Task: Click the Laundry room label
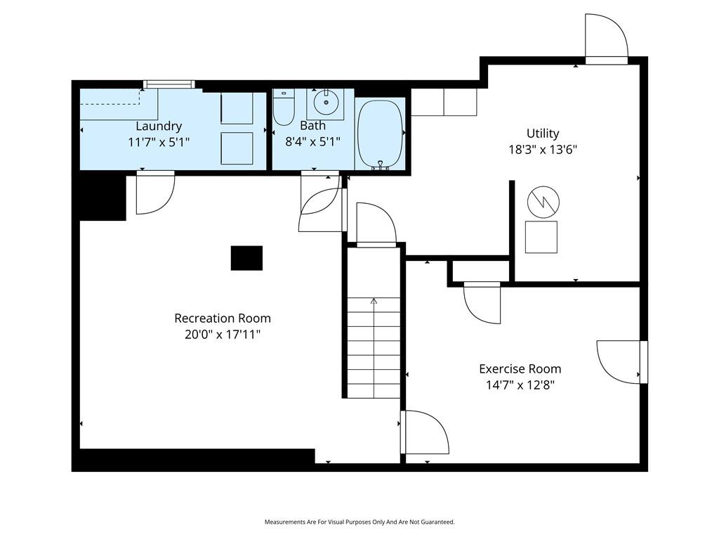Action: [x=159, y=126]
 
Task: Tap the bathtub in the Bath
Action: [x=380, y=134]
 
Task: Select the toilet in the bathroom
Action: [x=284, y=108]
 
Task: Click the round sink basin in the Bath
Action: [x=326, y=103]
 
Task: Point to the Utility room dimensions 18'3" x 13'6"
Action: [x=543, y=150]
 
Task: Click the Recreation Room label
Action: [x=223, y=319]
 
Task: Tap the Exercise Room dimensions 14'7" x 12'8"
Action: [x=520, y=385]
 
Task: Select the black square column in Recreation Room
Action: [x=246, y=258]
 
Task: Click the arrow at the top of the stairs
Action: [x=374, y=301]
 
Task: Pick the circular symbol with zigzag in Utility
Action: [x=543, y=202]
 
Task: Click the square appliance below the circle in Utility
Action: [x=541, y=237]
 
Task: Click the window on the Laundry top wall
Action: [x=169, y=84]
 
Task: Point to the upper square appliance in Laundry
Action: [x=237, y=108]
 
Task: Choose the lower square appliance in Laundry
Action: [x=237, y=148]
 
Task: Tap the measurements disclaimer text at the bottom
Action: [x=359, y=522]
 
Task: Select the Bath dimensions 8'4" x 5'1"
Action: [x=312, y=141]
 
